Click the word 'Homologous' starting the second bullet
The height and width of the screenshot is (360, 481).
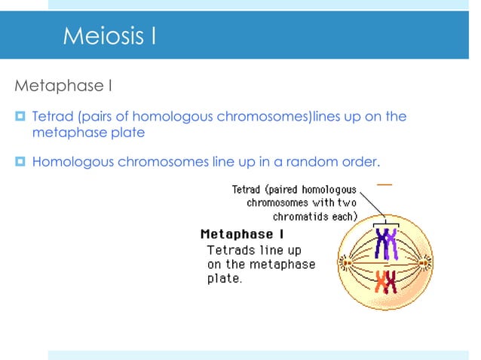74,161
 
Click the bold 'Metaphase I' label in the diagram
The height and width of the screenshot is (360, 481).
242,234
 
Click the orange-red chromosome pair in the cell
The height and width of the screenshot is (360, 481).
387,282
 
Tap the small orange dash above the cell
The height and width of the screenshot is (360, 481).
384,184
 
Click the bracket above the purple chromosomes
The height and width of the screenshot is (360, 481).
387,222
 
